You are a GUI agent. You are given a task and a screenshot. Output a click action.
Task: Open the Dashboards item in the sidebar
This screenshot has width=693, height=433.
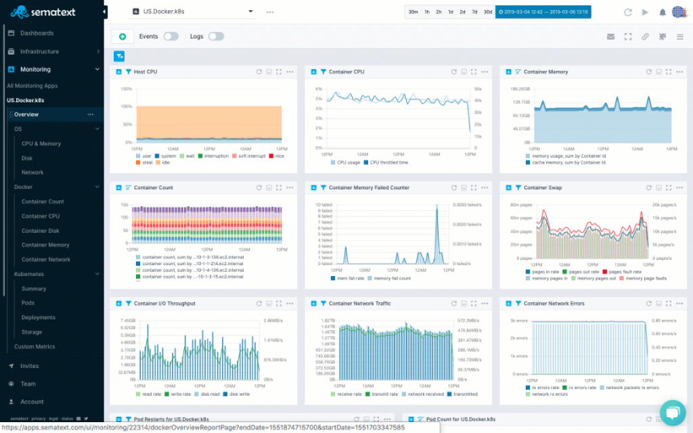pos(37,33)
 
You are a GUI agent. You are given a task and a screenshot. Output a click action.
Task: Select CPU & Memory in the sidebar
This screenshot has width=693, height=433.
pos(41,143)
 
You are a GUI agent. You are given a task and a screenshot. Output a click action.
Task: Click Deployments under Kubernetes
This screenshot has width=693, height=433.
pos(39,317)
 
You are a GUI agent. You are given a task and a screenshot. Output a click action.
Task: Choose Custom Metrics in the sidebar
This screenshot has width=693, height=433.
pos(35,346)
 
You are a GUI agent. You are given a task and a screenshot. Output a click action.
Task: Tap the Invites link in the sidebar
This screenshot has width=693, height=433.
pos(30,366)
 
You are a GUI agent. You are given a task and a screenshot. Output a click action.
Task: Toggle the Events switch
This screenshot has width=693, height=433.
pos(171,37)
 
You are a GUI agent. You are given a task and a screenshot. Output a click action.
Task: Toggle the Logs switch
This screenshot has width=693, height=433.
pos(216,37)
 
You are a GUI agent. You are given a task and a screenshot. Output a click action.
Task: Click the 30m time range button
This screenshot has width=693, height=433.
pos(413,12)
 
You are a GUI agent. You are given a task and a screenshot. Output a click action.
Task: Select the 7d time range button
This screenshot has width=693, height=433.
pos(474,12)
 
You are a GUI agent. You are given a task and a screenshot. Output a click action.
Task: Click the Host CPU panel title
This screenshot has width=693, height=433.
pos(146,72)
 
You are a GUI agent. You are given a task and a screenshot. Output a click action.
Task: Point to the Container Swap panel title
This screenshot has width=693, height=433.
pos(542,187)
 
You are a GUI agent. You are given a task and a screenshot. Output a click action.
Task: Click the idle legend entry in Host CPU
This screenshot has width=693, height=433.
pos(165,162)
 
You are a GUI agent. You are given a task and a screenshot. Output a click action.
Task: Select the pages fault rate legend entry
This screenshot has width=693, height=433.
pos(625,272)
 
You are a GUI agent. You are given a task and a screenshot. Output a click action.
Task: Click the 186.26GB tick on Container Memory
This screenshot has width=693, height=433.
pos(520,89)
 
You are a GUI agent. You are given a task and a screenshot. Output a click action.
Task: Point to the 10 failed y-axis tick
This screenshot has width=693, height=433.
pos(324,205)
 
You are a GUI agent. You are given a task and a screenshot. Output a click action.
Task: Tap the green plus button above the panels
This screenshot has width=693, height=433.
pos(122,37)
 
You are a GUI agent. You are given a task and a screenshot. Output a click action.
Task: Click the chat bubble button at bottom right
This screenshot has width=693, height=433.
pos(672,413)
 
